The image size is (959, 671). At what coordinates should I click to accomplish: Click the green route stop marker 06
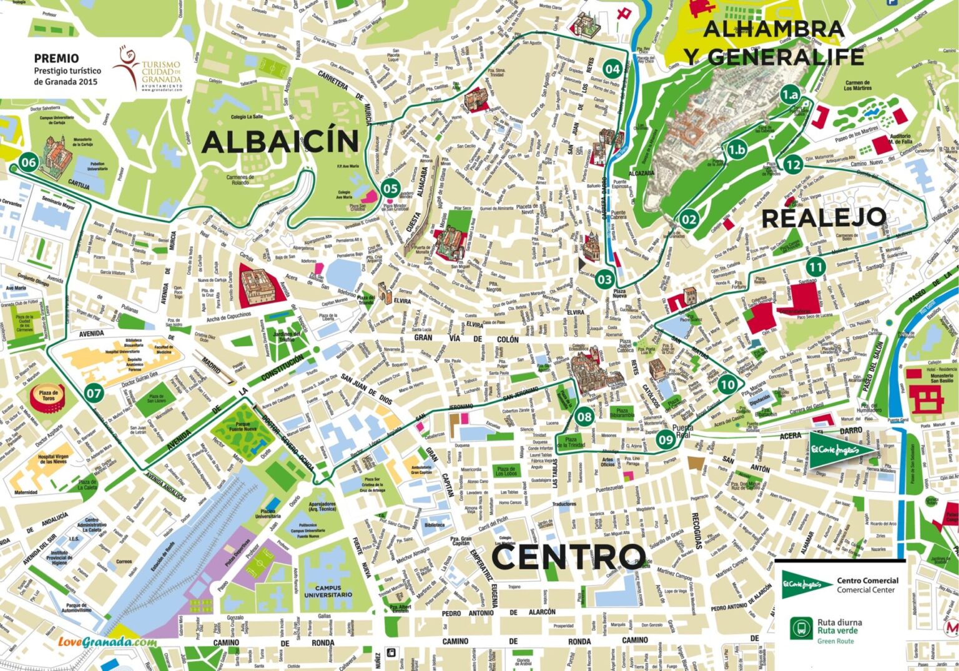point(29,162)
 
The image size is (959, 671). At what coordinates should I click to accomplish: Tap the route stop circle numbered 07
point(94,394)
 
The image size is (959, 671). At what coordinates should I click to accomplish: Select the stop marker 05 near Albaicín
point(390,188)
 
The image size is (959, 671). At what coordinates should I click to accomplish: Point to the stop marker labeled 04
point(612,69)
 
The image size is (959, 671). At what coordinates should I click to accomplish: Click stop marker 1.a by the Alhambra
point(790,95)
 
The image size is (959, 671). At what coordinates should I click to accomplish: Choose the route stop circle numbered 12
point(792,165)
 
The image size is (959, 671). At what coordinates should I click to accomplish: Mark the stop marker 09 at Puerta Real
point(666,440)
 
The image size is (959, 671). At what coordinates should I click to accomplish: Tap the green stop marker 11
point(815,267)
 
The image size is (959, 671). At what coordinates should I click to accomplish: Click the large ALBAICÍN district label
point(280,142)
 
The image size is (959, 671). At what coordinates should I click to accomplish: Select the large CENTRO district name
point(568,556)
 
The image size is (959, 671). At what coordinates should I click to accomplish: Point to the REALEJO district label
point(824,218)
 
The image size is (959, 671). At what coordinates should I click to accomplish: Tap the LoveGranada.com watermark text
point(107,642)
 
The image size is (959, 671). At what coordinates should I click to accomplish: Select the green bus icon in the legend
point(801,628)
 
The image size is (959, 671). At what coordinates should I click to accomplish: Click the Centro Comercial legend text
point(867,585)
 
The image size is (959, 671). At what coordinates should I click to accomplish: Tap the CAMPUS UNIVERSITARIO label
point(328,591)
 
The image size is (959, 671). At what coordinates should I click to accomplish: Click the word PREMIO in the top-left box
point(56,58)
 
